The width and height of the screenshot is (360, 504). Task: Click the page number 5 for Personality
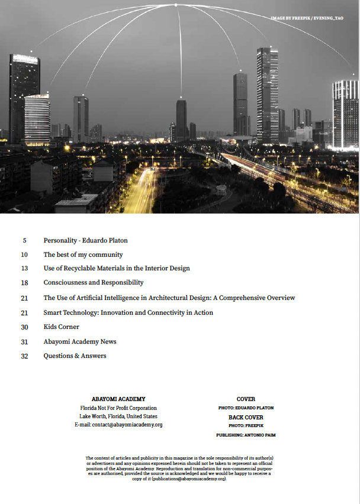pyautogui.click(x=24, y=241)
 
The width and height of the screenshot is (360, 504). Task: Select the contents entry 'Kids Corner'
pyautogui.click(x=61, y=327)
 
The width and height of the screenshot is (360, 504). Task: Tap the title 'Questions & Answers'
pyautogui.click(x=75, y=356)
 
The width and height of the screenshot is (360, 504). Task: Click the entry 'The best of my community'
pyautogui.click(x=83, y=255)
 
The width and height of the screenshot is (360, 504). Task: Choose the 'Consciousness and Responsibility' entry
pyautogui.click(x=93, y=283)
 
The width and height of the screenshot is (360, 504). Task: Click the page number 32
pyautogui.click(x=24, y=356)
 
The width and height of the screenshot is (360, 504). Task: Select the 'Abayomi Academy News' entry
pyautogui.click(x=79, y=342)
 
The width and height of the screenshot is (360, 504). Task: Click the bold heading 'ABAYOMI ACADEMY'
pyautogui.click(x=118, y=399)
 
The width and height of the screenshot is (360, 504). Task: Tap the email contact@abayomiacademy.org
pyautogui.click(x=118, y=425)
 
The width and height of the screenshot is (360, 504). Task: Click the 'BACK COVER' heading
pyautogui.click(x=246, y=417)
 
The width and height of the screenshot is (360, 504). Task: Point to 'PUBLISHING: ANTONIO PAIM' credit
pyautogui.click(x=246, y=435)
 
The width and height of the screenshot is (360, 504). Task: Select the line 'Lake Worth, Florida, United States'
pyautogui.click(x=118, y=416)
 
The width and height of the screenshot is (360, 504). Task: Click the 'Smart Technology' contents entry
pyautogui.click(x=128, y=313)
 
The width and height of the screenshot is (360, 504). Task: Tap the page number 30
pyautogui.click(x=24, y=327)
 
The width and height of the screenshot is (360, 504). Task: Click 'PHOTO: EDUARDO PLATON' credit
pyautogui.click(x=246, y=408)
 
